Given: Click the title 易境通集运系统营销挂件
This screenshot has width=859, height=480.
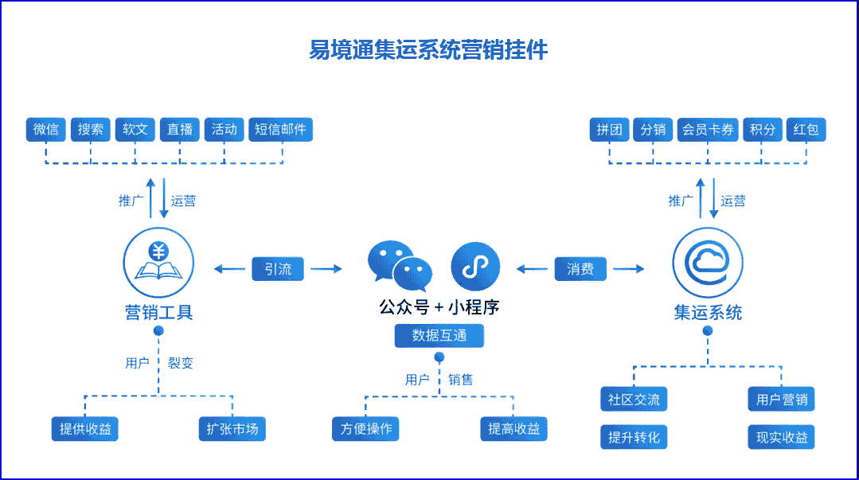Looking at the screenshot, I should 428,50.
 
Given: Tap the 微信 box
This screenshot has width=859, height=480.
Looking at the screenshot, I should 46,130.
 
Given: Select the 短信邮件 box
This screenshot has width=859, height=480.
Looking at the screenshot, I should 280,130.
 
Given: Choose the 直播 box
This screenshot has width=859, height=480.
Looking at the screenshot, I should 180,130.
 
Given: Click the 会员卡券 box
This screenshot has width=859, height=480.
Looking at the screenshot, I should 708,130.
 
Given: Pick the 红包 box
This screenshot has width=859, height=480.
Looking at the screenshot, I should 806,130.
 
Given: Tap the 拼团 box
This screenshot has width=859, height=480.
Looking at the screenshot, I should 610,130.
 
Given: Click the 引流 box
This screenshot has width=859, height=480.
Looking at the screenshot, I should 278,269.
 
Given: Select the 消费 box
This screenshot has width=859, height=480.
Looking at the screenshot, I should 580,269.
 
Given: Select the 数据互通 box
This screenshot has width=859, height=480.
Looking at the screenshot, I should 439,336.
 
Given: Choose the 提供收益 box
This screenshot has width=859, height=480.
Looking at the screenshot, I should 85,429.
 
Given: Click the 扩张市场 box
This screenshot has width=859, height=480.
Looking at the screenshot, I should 228,429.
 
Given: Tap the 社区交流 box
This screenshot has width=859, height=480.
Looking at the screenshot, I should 634,400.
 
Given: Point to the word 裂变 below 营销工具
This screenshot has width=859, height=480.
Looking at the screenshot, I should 181,364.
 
